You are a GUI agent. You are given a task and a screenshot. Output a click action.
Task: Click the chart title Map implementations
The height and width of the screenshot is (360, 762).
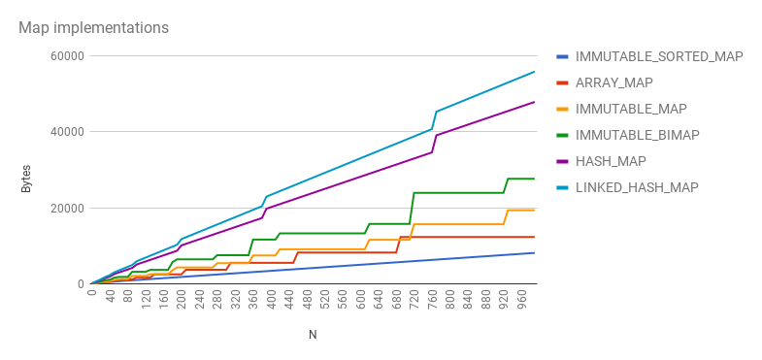(94, 28)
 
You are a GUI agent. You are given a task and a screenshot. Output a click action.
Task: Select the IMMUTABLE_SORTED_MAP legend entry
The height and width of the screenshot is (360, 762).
(659, 56)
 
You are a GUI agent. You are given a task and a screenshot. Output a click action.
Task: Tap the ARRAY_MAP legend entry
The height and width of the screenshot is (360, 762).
(613, 82)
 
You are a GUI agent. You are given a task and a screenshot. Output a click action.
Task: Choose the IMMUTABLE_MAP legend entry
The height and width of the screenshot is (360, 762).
(631, 109)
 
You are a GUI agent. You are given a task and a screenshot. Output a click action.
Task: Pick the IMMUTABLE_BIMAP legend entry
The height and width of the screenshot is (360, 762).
(637, 135)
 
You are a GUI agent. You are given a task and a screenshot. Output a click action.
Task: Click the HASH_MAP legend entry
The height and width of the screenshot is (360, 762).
(611, 161)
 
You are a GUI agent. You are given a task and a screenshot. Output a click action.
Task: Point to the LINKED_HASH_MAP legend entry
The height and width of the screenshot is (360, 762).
(637, 187)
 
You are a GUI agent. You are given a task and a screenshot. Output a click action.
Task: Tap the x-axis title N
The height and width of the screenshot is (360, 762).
(313, 335)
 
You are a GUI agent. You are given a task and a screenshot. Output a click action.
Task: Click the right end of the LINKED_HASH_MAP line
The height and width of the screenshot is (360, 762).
(535, 72)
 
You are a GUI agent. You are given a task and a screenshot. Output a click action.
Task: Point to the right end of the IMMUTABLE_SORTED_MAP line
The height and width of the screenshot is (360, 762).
(535, 252)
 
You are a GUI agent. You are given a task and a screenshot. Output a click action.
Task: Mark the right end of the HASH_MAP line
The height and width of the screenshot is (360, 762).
(535, 102)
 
